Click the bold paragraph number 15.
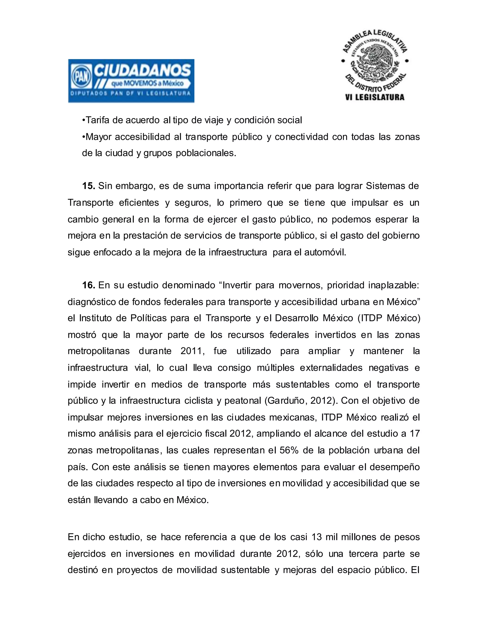(88, 186)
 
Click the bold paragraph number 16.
(88, 285)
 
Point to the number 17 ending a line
(415, 434)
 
